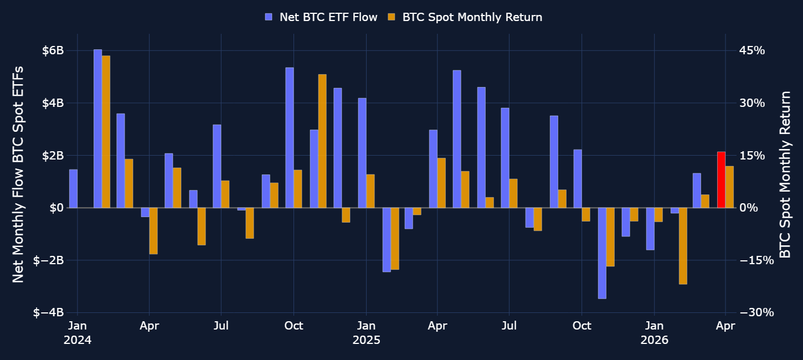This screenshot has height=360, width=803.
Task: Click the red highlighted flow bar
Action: point(721,179)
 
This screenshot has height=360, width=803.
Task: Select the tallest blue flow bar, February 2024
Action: point(98,128)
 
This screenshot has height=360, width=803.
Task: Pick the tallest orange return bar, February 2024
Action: point(106,132)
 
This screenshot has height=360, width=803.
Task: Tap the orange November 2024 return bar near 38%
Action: point(322,141)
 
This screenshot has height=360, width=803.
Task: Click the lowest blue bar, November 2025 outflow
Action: point(602,253)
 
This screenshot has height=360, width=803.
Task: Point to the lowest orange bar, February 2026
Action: point(683,246)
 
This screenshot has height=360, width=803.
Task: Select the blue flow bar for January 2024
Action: point(73,189)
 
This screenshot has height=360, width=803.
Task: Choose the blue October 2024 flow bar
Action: point(290,138)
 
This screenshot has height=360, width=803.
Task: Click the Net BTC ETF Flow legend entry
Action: point(321,17)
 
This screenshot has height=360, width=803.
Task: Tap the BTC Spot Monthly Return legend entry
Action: point(465,17)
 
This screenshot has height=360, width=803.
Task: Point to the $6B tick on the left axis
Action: point(53,50)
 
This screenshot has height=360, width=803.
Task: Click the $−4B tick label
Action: point(48,313)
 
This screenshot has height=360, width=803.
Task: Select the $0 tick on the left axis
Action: point(56,208)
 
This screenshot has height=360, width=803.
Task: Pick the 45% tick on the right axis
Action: point(752,50)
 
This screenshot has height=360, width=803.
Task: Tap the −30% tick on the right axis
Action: point(756,313)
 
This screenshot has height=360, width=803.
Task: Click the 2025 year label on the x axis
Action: point(367,340)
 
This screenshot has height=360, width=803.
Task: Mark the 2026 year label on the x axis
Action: point(655,340)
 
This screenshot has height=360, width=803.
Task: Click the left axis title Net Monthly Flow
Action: point(18,174)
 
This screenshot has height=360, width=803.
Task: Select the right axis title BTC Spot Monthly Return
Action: point(785,174)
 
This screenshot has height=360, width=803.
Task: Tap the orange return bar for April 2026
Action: point(729,187)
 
